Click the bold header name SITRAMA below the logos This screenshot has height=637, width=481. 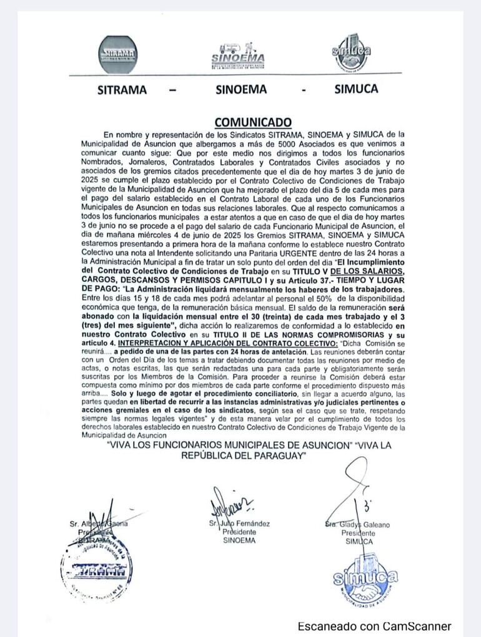click(122, 90)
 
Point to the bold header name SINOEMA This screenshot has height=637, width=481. click(241, 90)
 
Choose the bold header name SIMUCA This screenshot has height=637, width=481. click(356, 89)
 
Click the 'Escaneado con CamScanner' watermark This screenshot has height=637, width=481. click(374, 626)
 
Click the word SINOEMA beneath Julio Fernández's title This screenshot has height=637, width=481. click(239, 540)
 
